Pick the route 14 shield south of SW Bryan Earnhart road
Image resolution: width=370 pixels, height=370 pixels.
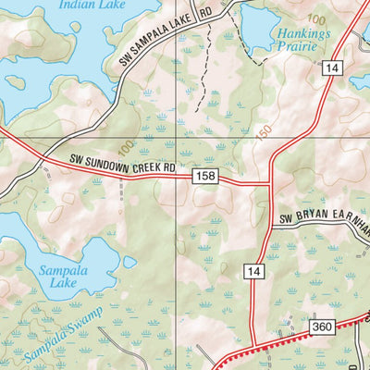click(x=254, y=271)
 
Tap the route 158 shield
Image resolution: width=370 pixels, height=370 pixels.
click(x=204, y=174)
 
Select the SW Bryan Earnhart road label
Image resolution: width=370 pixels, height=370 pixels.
click(x=324, y=222)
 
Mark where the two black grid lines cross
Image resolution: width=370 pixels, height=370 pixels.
click(x=178, y=139)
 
